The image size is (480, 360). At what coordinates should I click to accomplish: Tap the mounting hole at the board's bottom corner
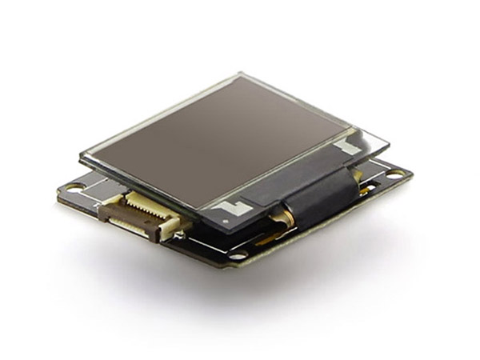238,256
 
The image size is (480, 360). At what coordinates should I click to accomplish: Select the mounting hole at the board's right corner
395,173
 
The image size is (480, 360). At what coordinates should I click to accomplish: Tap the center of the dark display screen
217,145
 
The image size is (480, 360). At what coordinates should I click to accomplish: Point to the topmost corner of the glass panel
240,74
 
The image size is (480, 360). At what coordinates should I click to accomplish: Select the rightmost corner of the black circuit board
413,171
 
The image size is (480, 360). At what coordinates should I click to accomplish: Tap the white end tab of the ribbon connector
171,232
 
